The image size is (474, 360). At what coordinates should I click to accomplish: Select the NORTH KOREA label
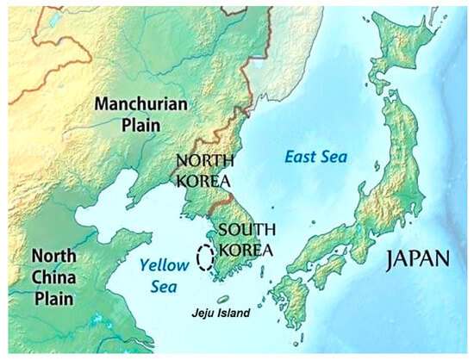coord(202,171)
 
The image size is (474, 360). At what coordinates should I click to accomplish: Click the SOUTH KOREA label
coord(245,239)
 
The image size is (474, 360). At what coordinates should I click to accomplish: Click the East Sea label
coord(315,157)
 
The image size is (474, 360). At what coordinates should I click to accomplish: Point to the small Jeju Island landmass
coord(223,299)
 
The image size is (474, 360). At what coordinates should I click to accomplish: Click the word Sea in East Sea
coord(333,157)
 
